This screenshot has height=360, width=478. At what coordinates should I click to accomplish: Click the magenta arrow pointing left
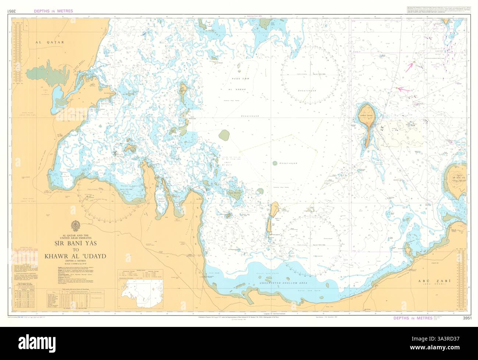pyautogui.click(x=403, y=89)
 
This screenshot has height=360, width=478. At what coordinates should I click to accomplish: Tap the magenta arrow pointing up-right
pyautogui.click(x=409, y=66)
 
